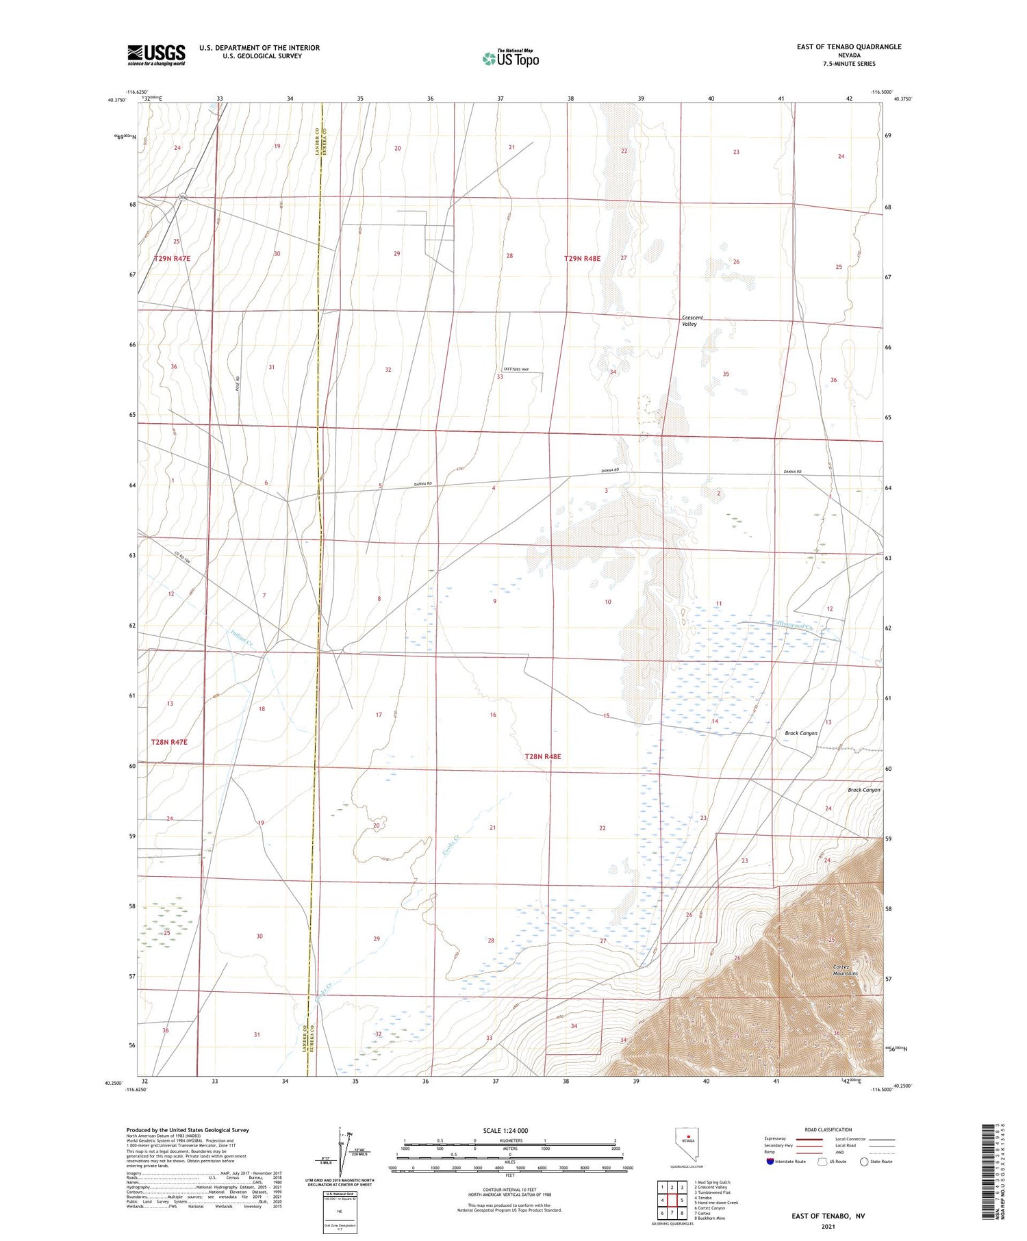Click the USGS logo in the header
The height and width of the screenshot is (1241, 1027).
[x=156, y=55]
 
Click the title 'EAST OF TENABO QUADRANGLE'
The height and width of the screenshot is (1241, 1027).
[x=848, y=47]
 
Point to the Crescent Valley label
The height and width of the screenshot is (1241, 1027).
[x=692, y=321]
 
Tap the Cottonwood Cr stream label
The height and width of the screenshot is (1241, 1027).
[x=794, y=625]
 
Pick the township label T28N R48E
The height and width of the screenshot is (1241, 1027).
[x=542, y=756]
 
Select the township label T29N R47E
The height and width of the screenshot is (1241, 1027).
[x=171, y=259]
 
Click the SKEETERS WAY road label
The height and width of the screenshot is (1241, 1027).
[x=516, y=370]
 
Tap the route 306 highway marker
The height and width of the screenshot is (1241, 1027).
[x=181, y=198]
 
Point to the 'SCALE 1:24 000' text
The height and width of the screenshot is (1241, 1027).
[x=505, y=1130]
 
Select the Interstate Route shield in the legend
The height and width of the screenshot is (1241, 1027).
[x=770, y=1162]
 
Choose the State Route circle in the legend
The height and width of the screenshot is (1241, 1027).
[x=864, y=1162]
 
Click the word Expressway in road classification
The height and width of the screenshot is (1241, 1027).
[x=777, y=1139]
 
